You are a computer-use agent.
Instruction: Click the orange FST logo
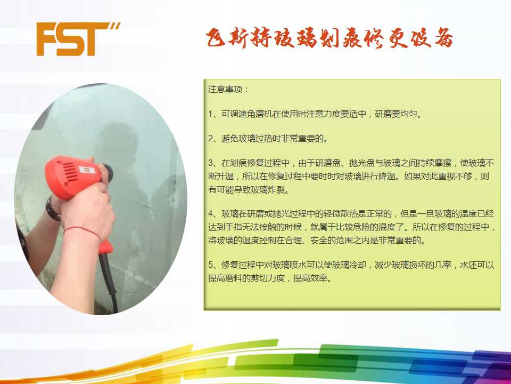click(x=78, y=39)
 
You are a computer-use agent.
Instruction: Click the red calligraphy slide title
click(x=329, y=38)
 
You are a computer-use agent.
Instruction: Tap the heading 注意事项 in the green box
click(x=225, y=90)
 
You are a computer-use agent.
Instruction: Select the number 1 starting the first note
click(x=211, y=114)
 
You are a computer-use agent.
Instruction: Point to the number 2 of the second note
click(x=211, y=139)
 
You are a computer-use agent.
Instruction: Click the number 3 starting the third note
click(x=211, y=163)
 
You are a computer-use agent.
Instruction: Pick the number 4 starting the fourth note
click(x=211, y=214)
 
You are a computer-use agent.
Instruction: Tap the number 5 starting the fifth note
click(x=211, y=265)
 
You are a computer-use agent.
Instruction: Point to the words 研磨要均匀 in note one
click(x=395, y=114)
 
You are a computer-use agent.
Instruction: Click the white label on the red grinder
click(x=87, y=170)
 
